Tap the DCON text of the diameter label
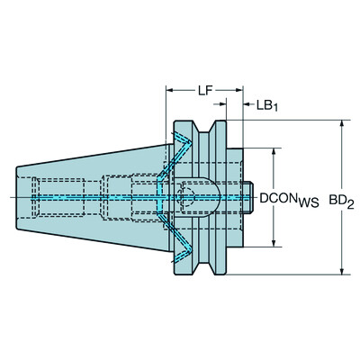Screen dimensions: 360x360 click(x=278, y=196)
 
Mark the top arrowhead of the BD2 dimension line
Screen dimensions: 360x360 click(x=341, y=123)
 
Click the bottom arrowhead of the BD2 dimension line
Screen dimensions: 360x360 click(x=341, y=270)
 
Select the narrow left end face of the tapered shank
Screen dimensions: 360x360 click(x=19, y=196)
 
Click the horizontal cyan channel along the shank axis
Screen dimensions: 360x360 click(x=90, y=197)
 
